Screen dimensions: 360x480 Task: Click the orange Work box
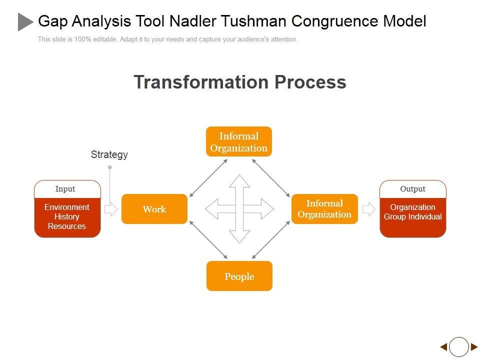tap(154, 209)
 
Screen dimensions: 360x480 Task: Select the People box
tap(239, 276)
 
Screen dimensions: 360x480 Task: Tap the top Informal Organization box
tap(239, 141)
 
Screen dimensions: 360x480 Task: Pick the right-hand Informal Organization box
tap(324, 209)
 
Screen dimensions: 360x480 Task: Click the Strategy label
tap(109, 154)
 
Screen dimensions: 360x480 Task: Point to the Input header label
tap(65, 189)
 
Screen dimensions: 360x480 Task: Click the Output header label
tap(412, 189)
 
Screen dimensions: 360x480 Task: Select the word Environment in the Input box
tap(67, 207)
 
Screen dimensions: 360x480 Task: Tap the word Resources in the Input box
tap(67, 226)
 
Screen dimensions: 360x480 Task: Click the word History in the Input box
tap(67, 216)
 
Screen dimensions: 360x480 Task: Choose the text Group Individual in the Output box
tap(412, 216)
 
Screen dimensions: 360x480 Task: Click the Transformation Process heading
tap(240, 82)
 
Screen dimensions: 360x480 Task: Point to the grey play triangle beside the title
tap(25, 22)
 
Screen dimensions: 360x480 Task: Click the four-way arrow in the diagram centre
tap(239, 209)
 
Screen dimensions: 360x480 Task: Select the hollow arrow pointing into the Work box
tap(110, 209)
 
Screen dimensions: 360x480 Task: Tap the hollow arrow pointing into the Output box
tap(368, 209)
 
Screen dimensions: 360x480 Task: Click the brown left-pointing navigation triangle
tap(443, 347)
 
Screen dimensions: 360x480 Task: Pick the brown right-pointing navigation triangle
tap(474, 347)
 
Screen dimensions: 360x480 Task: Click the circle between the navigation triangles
tap(459, 347)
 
